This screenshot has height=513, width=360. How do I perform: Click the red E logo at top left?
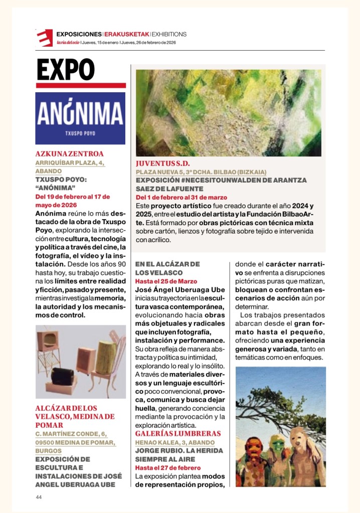44,38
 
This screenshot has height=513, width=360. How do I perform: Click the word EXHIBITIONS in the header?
169,34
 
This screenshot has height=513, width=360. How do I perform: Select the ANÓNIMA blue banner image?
80,118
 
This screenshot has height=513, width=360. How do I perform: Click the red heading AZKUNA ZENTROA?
69,154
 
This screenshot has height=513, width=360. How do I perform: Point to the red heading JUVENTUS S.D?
163,163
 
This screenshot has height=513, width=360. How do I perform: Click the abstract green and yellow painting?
228,113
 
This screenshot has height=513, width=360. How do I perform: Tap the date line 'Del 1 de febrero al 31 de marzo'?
181,198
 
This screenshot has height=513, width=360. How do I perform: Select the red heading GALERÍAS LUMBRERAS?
178,433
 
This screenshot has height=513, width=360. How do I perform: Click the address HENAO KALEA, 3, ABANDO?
175,442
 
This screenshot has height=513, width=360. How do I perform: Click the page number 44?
39,497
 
